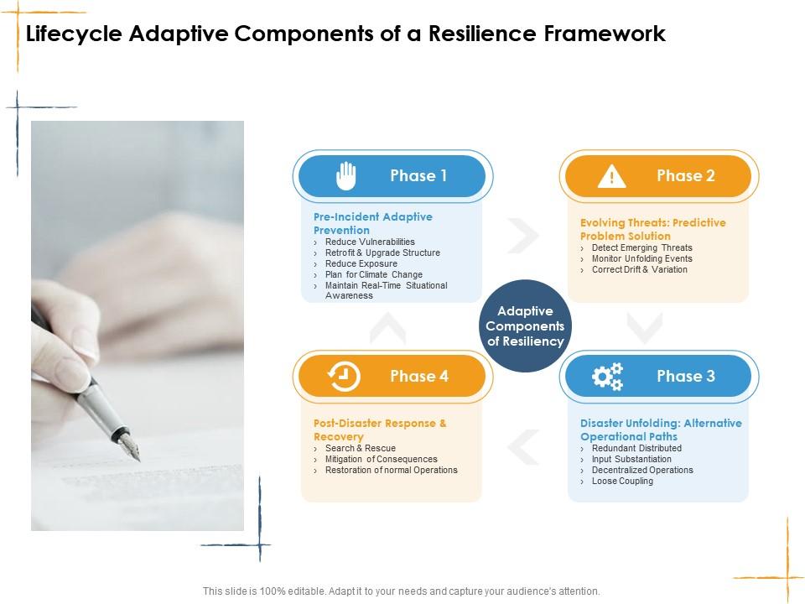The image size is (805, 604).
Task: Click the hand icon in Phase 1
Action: tap(346, 176)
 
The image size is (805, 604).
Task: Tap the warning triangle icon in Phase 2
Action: tap(612, 176)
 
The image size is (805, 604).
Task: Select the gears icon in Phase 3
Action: tap(607, 377)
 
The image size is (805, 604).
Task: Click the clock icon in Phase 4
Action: tap(344, 377)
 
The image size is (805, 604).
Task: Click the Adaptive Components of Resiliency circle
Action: tap(526, 326)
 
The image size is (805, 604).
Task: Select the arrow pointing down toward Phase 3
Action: tap(645, 328)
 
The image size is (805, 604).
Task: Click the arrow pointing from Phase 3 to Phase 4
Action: tap(524, 446)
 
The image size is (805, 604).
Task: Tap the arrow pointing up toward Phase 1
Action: tap(387, 328)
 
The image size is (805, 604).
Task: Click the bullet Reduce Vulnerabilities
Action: tap(370, 242)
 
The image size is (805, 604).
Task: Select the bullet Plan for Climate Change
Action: tap(373, 274)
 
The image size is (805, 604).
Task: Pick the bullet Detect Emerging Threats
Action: tap(641, 247)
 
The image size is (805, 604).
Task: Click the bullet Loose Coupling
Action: tap(622, 481)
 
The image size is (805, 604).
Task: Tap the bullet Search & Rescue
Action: tap(360, 448)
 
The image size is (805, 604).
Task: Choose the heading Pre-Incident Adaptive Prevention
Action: tap(373, 223)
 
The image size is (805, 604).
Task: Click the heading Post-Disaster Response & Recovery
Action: tap(380, 430)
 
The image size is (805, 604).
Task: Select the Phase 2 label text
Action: tap(685, 175)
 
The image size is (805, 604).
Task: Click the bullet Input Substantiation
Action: tap(631, 459)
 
